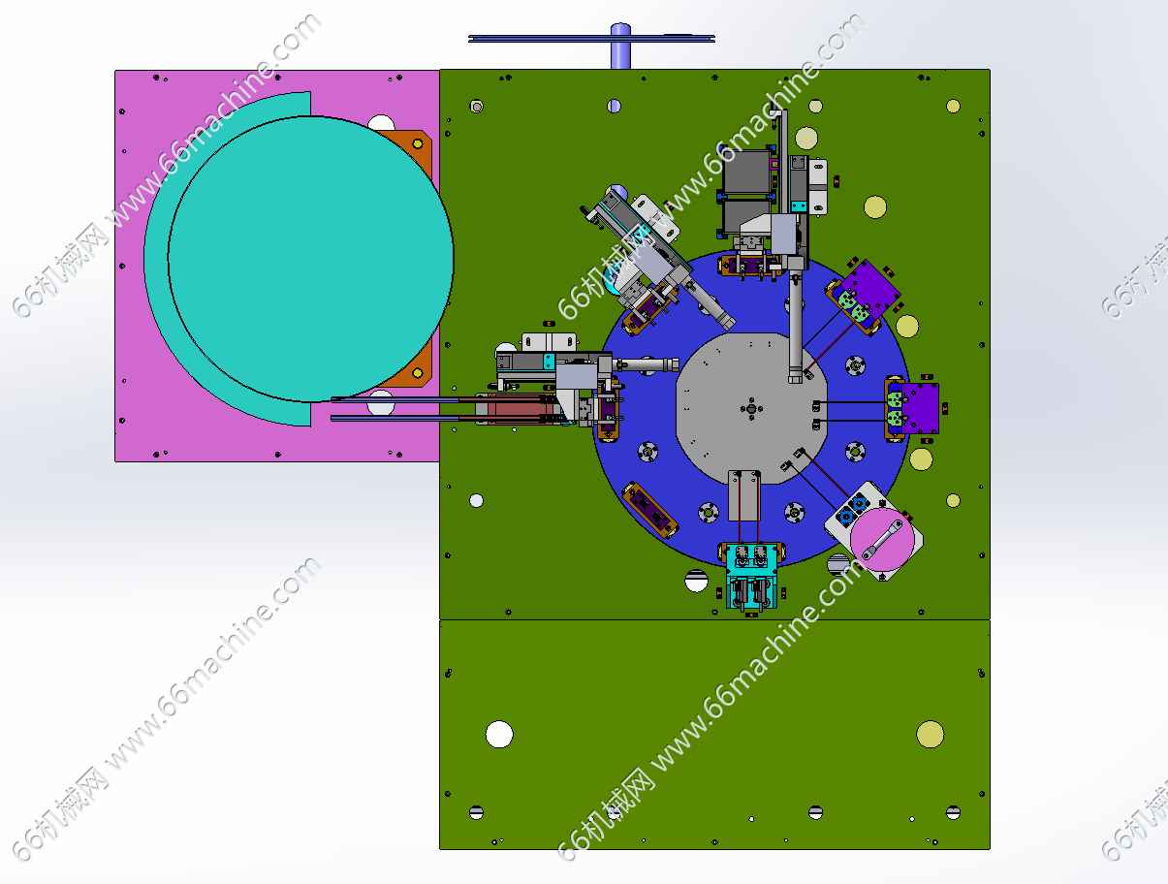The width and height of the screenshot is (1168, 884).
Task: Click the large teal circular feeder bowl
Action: [x=311, y=259]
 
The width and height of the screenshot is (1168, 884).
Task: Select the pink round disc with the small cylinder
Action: [x=882, y=539]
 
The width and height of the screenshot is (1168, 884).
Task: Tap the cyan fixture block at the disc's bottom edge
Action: [x=751, y=577]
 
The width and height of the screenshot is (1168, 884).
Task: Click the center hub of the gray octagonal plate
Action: [x=751, y=408]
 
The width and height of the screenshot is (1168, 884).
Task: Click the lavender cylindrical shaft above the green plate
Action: [x=620, y=47]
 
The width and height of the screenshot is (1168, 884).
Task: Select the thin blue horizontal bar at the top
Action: [x=591, y=39]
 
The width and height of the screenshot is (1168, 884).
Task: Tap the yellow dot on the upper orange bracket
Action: [x=418, y=143]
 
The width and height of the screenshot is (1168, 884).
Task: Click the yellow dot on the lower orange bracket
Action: [x=418, y=373]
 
